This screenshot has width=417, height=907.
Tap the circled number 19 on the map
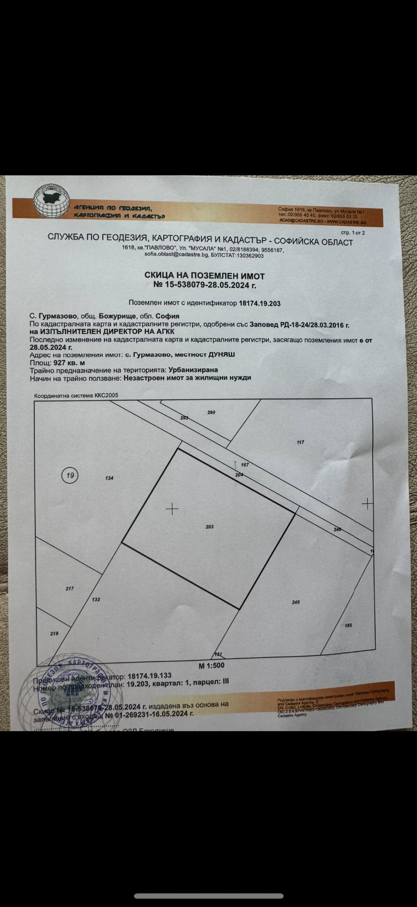point(71,475)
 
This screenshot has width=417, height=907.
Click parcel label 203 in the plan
point(210,527)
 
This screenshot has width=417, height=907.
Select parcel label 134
point(109,478)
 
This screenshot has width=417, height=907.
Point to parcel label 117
point(301,442)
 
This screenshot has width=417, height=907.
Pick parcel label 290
point(212,412)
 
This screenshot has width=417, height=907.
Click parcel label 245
point(296,602)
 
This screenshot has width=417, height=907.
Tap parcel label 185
point(349,625)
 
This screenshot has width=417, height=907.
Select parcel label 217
point(69,589)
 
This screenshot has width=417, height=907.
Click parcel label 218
point(54,633)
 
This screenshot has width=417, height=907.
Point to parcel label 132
point(96,600)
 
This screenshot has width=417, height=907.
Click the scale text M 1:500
point(212,665)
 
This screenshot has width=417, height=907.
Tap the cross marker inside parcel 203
point(172,509)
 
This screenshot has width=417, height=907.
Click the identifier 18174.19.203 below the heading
point(259,303)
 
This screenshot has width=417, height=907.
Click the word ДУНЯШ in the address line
point(222,354)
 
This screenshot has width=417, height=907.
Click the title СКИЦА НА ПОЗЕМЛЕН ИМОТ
point(204,276)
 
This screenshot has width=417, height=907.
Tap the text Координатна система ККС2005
point(76,396)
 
